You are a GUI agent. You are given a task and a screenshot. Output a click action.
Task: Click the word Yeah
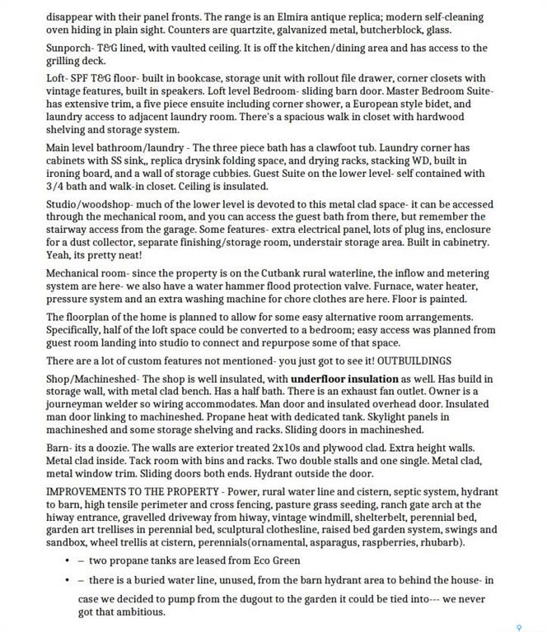58,255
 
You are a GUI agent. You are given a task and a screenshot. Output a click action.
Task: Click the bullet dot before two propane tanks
67,560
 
